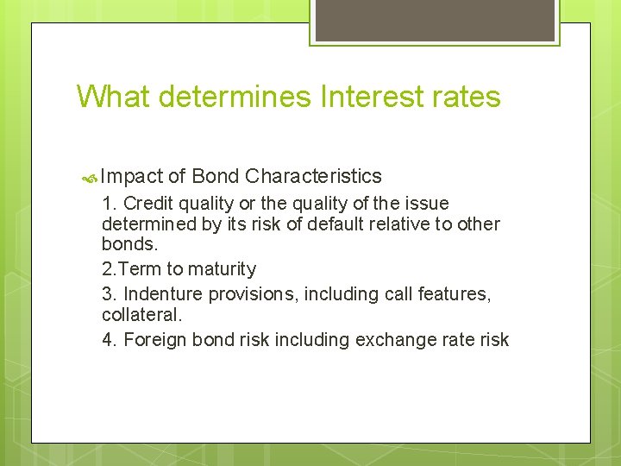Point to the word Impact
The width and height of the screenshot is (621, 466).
[132, 177]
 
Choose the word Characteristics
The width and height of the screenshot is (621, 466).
[313, 177]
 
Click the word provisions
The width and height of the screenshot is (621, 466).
[249, 294]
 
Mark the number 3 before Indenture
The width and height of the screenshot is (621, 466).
[107, 294]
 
